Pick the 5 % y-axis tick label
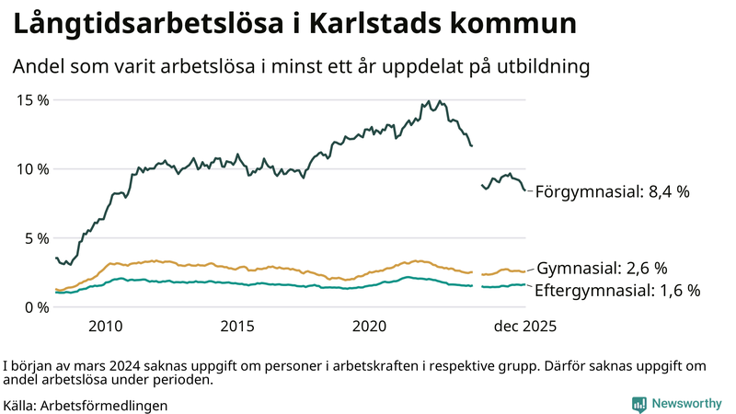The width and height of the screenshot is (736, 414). tap(36, 237)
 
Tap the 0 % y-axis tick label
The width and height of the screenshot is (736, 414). tap(36, 306)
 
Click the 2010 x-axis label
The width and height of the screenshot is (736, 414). tap(105, 326)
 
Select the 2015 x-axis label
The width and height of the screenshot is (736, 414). tap(237, 326)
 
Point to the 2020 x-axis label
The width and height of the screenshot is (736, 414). tap(370, 326)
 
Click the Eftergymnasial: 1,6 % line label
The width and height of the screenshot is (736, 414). tap(617, 290)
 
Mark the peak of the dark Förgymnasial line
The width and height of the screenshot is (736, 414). tap(440, 101)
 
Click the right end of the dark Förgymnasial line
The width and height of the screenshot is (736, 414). tap(525, 190)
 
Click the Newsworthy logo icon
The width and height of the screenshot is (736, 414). tap(638, 404)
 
